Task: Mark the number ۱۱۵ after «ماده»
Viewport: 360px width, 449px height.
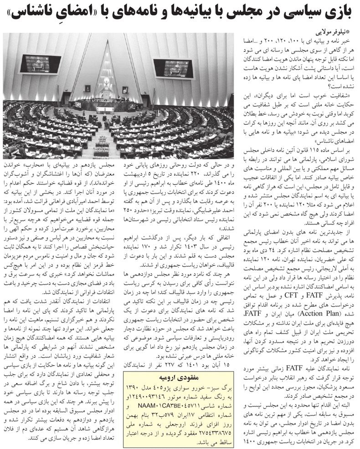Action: [318, 151]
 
